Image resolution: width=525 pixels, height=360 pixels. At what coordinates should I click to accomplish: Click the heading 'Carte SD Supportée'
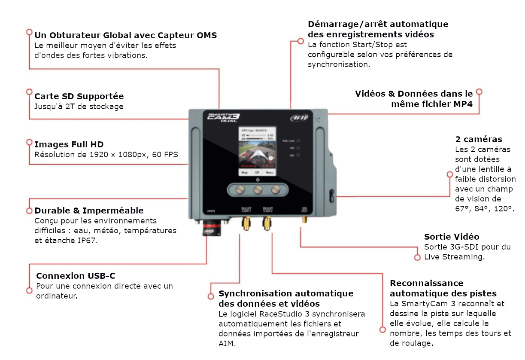[x=79, y=96]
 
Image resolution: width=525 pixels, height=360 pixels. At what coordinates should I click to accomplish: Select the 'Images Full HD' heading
[x=69, y=144]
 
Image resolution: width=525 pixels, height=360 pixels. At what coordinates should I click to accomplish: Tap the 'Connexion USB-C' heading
[x=76, y=276]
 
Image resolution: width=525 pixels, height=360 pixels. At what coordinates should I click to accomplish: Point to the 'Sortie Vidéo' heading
[x=452, y=237]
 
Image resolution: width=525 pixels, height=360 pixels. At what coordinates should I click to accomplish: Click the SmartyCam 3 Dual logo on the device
[x=224, y=117]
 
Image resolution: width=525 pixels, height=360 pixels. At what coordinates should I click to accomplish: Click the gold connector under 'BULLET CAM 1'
[x=246, y=223]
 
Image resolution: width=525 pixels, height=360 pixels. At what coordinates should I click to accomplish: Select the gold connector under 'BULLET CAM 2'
[x=267, y=223]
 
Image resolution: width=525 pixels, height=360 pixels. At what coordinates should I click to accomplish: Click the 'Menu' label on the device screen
[x=270, y=172]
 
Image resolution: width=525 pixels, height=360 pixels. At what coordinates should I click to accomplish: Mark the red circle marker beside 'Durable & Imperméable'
[x=29, y=211]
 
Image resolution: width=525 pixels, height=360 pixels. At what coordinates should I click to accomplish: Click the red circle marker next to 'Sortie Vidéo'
[x=417, y=257]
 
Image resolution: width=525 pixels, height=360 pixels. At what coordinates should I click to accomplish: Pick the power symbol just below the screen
[x=257, y=180]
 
